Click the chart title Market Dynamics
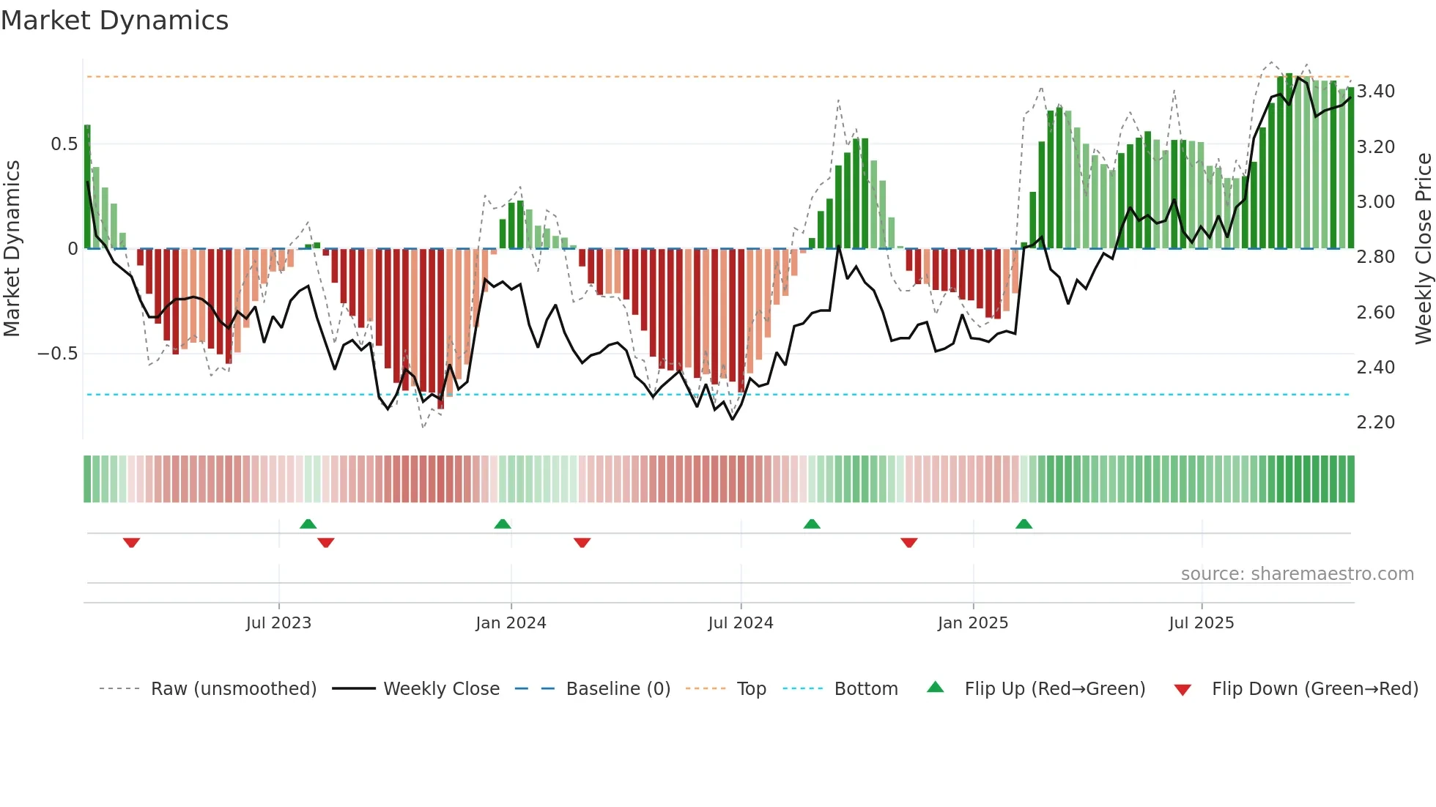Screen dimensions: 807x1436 pos(115,21)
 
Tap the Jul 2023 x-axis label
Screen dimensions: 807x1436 pos(278,623)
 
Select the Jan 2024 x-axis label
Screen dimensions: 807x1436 pos(511,623)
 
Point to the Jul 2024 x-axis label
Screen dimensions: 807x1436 pos(741,623)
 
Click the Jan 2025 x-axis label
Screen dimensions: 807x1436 pos(973,623)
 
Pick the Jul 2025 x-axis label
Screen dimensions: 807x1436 pos(1202,623)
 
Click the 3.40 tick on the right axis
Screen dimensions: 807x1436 pos(1376,92)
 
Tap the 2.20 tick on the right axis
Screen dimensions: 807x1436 pos(1376,423)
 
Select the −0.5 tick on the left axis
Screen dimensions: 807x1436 pos(57,354)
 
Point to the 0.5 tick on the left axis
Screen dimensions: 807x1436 pos(64,144)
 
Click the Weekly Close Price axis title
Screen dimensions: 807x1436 pos(1423,248)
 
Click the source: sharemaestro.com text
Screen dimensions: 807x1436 pos(1297,574)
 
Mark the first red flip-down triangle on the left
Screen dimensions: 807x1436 pos(132,542)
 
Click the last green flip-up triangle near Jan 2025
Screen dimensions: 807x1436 pos(1024,524)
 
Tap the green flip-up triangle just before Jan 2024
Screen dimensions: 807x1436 pos(503,524)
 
